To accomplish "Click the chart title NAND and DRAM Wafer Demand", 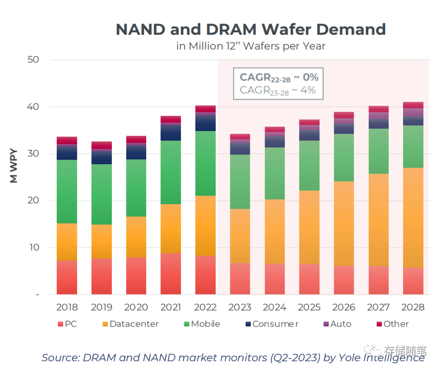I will (251, 29).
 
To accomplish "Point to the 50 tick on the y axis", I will (33, 60).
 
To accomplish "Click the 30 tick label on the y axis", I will (33, 154).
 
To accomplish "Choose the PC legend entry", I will (67, 324).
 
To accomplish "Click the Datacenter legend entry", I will (130, 324).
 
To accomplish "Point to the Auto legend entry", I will (337, 324).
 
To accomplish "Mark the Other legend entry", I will (392, 324).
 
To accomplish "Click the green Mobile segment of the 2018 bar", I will (67, 192).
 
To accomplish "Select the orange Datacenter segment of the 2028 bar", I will (413, 218).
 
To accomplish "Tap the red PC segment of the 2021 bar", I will (171, 274).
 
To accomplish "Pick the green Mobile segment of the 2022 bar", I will (205, 163).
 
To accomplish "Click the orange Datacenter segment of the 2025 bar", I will (309, 227).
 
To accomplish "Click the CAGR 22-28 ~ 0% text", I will (279, 77).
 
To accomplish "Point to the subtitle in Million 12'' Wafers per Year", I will (251, 46).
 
